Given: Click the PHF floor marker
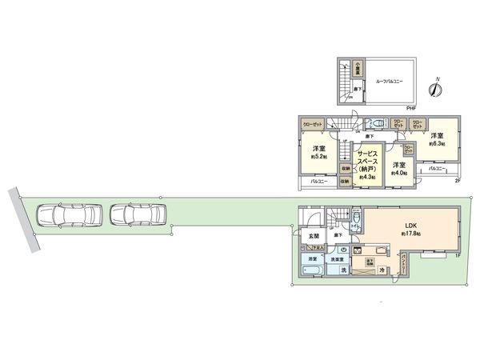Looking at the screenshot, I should click(x=410, y=107).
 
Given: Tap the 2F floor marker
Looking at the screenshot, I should click(x=458, y=182).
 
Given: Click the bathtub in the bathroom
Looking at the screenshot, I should click(x=312, y=271).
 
